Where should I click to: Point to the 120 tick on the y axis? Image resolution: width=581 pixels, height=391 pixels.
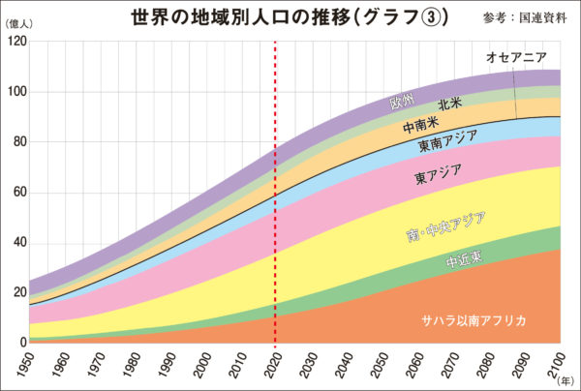(x=15, y=42)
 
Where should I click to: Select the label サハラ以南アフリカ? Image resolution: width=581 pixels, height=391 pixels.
(x=472, y=321)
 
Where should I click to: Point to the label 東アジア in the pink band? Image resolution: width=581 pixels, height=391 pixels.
(x=438, y=174)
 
